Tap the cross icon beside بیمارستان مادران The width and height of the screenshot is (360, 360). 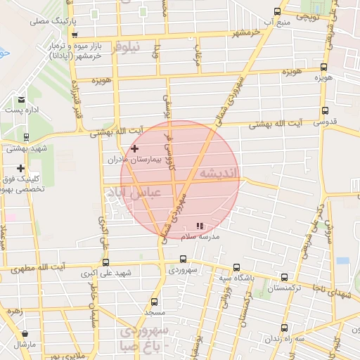pyautogui.click(x=134, y=148)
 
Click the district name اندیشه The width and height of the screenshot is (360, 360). pyautogui.click(x=219, y=173)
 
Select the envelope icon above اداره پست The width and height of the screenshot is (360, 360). pyautogui.click(x=21, y=100)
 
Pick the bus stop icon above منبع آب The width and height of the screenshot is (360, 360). pyautogui.click(x=277, y=12)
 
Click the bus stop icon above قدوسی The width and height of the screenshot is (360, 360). pyautogui.click(x=325, y=110)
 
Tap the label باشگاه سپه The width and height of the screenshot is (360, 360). pyautogui.click(x=235, y=279)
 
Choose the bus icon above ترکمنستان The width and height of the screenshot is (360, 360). pyautogui.click(x=284, y=278)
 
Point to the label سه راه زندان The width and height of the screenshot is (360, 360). pyautogui.click(x=284, y=338)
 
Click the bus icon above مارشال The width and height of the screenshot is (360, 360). pyautogui.click(x=26, y=333)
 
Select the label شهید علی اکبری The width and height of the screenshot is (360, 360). pyautogui.click(x=106, y=274)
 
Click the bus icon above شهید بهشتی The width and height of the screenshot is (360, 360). pyautogui.click(x=26, y=137)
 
